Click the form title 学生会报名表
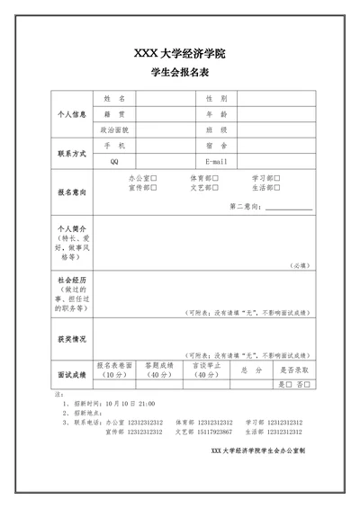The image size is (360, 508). (x=179, y=73)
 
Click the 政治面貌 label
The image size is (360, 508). (x=114, y=129)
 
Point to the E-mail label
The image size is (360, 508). (x=217, y=161)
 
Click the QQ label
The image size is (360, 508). (x=114, y=161)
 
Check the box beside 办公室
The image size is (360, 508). (x=154, y=178)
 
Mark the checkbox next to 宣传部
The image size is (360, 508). (x=154, y=188)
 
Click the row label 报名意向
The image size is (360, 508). (x=71, y=192)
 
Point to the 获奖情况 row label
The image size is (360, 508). (x=71, y=339)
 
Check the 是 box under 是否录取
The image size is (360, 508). (x=290, y=385)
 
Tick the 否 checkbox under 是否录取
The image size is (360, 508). (x=308, y=385)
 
